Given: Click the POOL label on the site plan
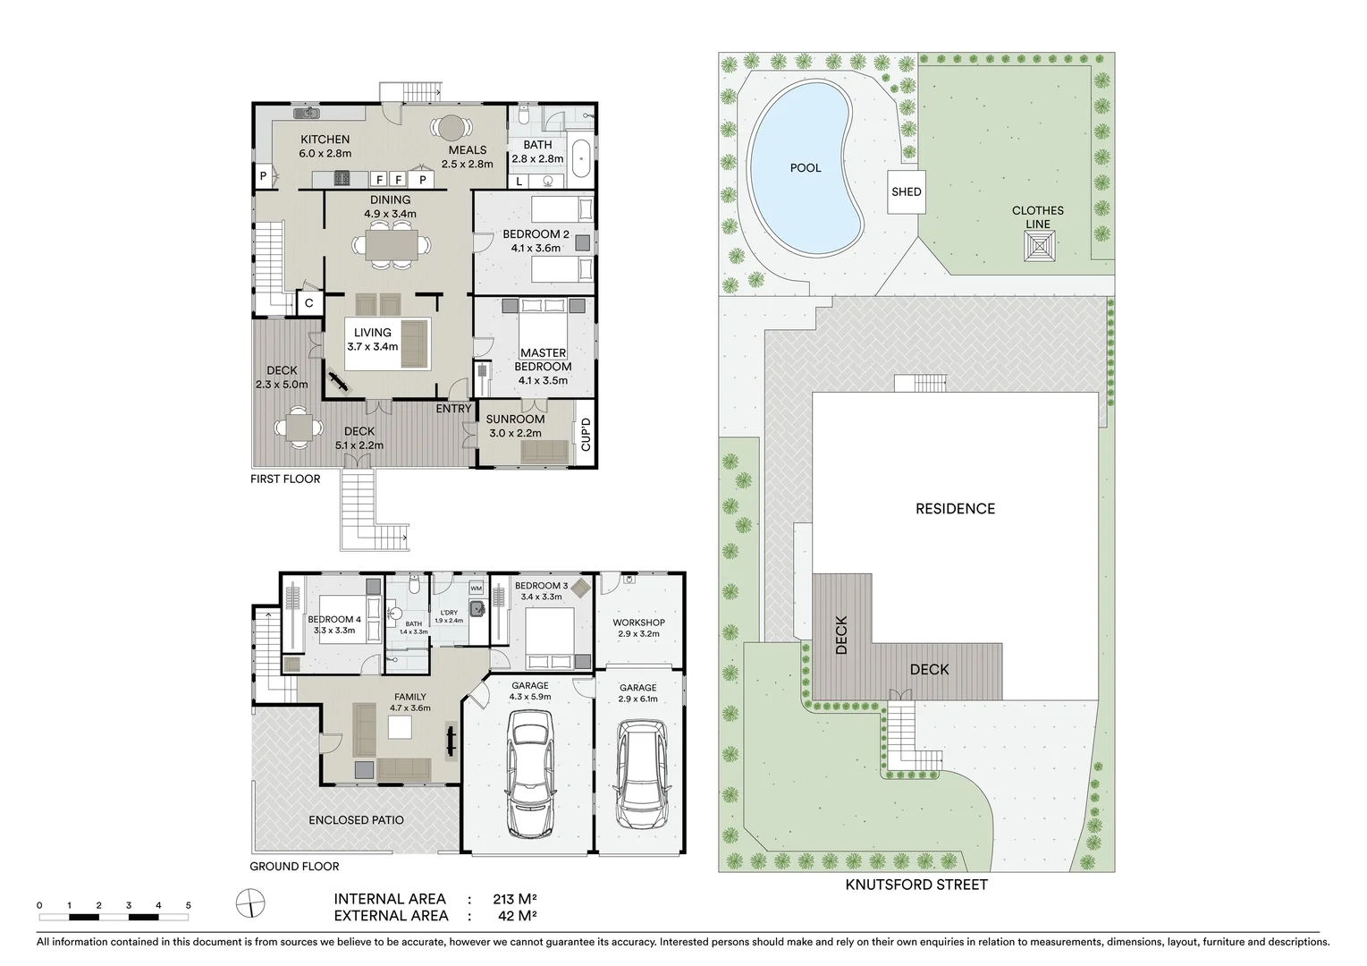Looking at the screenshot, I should pyautogui.click(x=805, y=168).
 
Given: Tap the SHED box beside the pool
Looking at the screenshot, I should pyautogui.click(x=906, y=191).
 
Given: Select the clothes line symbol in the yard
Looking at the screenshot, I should pyautogui.click(x=1039, y=245).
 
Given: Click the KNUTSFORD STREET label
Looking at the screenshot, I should pyautogui.click(x=916, y=885).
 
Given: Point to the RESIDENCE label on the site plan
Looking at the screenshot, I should pyautogui.click(x=955, y=509).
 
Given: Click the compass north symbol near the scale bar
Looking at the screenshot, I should pyautogui.click(x=251, y=903).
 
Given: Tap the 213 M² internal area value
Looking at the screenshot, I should pyautogui.click(x=514, y=899).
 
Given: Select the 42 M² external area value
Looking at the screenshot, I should pyautogui.click(x=517, y=915).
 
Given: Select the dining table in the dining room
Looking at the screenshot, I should pyautogui.click(x=392, y=244).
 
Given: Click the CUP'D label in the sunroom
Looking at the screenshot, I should pyautogui.click(x=586, y=436).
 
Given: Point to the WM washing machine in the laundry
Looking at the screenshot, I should pyautogui.click(x=476, y=588).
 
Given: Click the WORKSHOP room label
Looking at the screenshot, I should pyautogui.click(x=638, y=623).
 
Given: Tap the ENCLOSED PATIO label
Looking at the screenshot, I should pyautogui.click(x=356, y=820).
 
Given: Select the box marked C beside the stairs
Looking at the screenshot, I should pyautogui.click(x=309, y=303).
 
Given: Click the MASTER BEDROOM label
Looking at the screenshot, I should pyautogui.click(x=543, y=360).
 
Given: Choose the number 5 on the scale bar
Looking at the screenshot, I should pyautogui.click(x=188, y=905).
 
